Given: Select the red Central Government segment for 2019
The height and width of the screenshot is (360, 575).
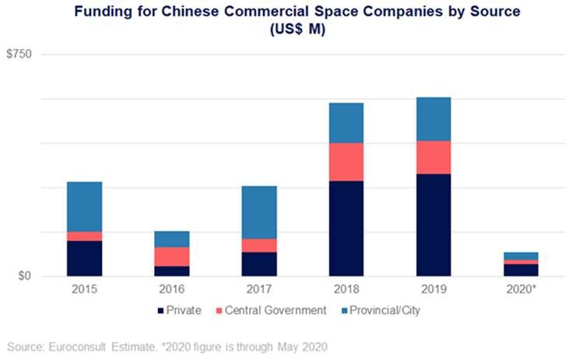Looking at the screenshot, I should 433,157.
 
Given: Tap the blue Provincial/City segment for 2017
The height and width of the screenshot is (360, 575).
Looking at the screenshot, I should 259,212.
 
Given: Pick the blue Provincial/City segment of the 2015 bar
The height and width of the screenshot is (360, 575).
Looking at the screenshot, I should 84,206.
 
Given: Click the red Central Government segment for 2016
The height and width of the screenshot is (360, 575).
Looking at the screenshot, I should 172,257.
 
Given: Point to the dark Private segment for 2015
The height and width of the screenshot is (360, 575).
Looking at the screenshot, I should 84,258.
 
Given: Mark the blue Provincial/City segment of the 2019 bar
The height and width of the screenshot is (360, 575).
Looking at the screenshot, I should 433,119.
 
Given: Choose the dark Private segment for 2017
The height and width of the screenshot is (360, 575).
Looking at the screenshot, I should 259,264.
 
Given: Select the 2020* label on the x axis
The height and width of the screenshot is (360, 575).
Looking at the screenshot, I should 521,288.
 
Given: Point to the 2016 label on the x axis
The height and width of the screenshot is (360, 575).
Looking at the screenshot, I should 172,288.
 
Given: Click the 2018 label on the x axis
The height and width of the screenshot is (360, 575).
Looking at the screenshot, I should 346,288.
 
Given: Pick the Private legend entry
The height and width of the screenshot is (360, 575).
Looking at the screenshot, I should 184,310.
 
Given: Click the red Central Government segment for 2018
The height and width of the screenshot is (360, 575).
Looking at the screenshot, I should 346,162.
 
